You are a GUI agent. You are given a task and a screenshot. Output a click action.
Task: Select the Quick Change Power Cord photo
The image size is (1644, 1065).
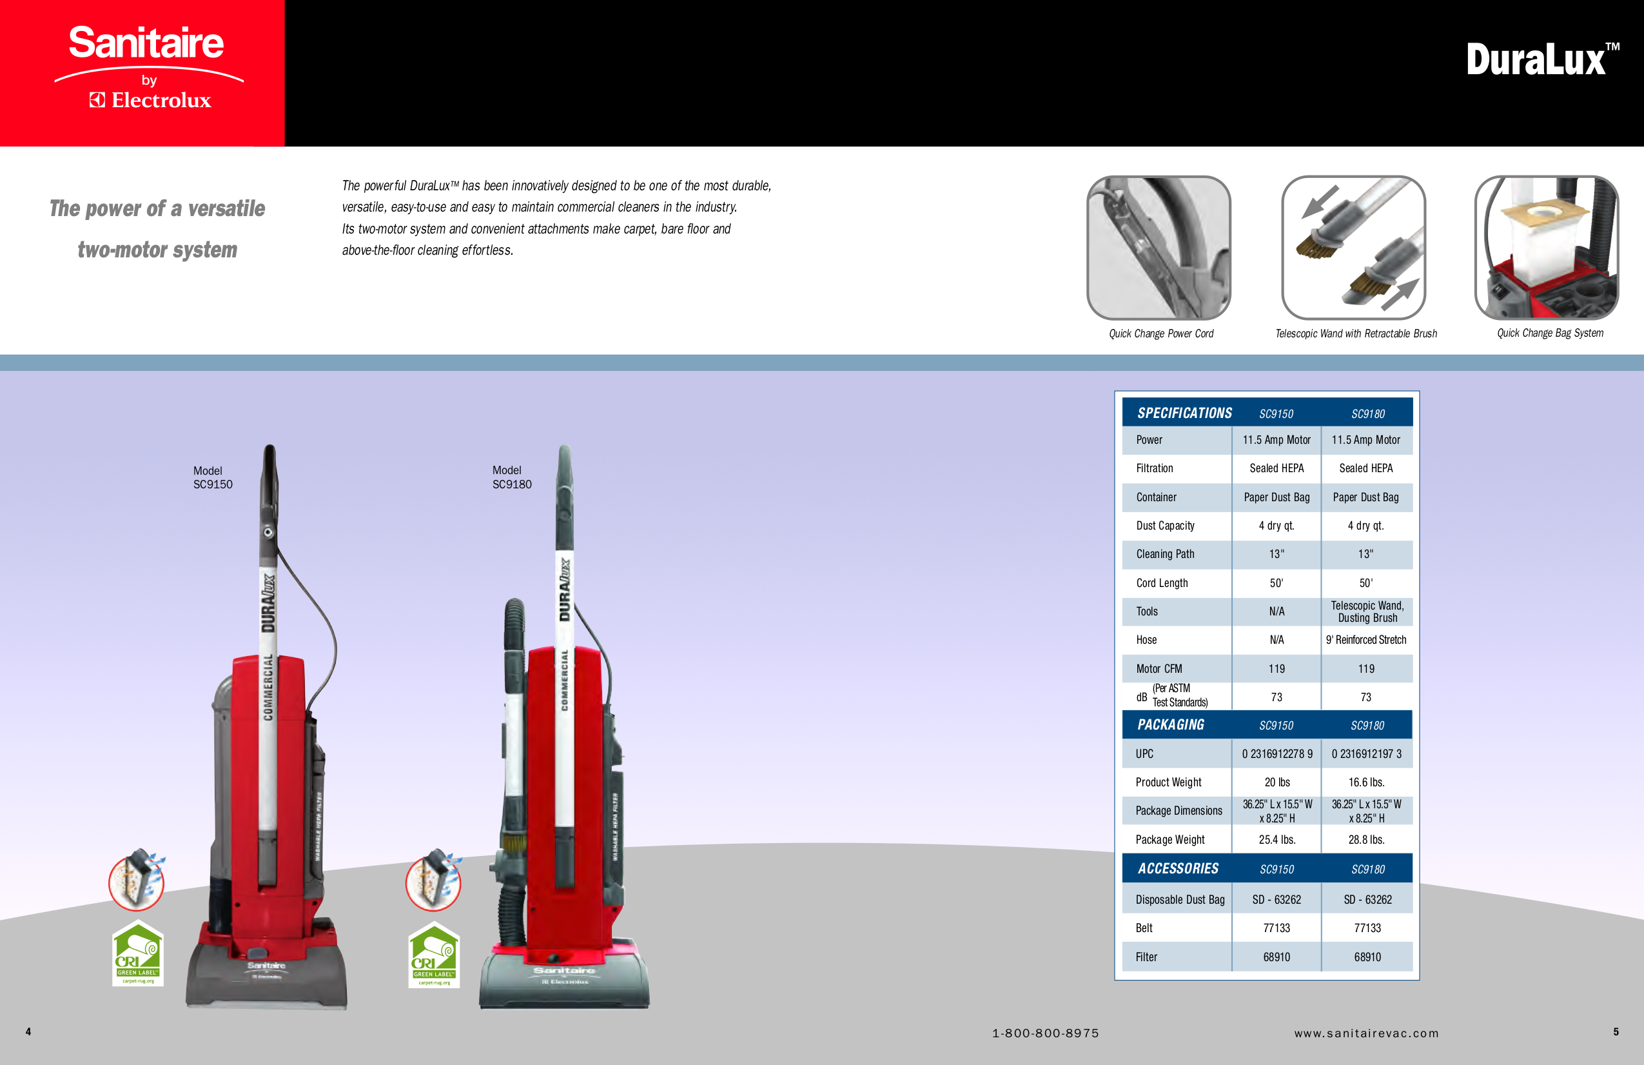point(1159,248)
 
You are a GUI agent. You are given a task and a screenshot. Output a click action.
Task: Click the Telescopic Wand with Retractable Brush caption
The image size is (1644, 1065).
point(1355,333)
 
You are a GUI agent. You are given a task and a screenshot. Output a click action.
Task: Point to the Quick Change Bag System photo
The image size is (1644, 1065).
point(1546,248)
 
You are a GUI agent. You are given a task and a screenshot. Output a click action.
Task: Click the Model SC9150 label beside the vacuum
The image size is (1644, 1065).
point(212,477)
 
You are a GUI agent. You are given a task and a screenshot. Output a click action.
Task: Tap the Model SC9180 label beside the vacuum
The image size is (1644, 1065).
point(511,477)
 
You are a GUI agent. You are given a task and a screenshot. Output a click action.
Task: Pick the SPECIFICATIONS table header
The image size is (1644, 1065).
point(1184,413)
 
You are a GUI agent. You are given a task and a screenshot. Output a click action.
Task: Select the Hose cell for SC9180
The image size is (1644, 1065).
point(1365,640)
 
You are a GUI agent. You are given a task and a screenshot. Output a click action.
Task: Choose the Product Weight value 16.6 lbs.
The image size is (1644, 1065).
point(1366,782)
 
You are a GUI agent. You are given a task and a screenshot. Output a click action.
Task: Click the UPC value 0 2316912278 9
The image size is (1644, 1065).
point(1277,754)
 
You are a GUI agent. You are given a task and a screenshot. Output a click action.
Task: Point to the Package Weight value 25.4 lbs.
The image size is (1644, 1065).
point(1277,840)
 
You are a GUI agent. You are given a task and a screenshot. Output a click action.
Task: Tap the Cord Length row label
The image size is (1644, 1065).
point(1162,583)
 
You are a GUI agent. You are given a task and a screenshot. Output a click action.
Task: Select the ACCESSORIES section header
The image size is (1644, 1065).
point(1178,869)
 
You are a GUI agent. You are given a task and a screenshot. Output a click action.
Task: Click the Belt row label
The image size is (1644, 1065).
point(1144,928)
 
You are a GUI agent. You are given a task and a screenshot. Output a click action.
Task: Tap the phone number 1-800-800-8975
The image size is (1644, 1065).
point(1045,1033)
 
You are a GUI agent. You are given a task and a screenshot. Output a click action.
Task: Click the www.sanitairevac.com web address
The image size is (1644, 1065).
point(1366,1033)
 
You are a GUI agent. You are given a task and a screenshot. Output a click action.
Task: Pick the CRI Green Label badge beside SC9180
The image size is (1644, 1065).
point(434,955)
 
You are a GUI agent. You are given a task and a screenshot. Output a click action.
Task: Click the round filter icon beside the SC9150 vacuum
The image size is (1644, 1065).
point(137,880)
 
